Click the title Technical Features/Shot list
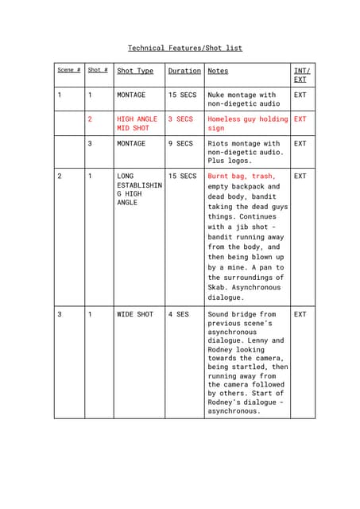click(185, 49)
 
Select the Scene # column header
click(68, 71)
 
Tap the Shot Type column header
click(135, 71)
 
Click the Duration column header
click(184, 71)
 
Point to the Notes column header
click(218, 71)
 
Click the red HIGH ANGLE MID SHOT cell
click(137, 123)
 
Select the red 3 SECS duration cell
click(180, 119)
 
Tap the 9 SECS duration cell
click(180, 144)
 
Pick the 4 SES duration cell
click(179, 314)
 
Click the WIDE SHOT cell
click(135, 314)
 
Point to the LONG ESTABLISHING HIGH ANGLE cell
click(139, 189)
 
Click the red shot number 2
click(90, 119)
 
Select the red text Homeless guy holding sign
click(247, 123)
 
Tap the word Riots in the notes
click(219, 144)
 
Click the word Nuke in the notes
click(217, 95)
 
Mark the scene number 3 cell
click(59, 314)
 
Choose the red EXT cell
click(300, 119)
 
